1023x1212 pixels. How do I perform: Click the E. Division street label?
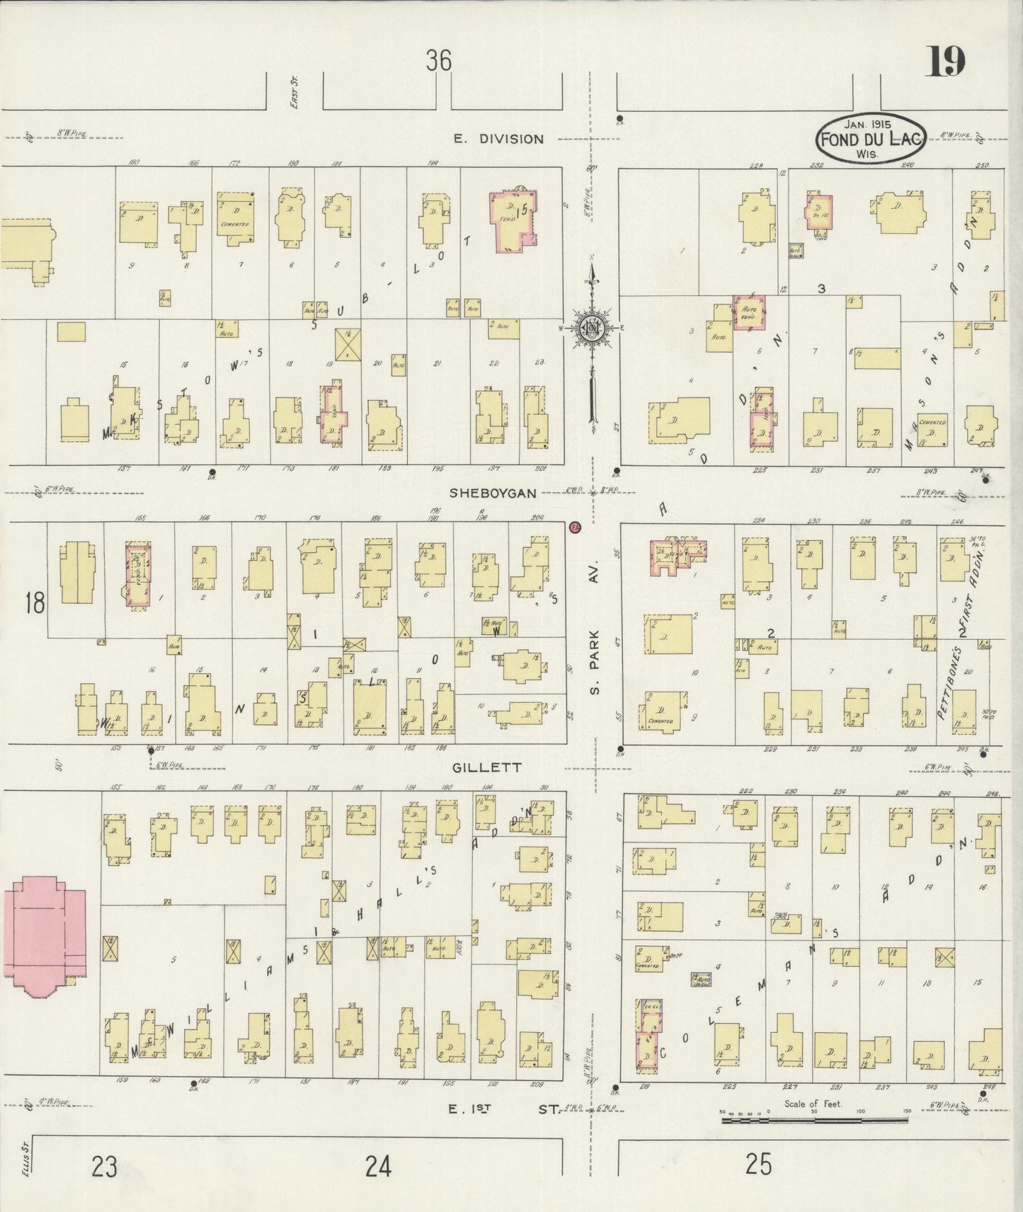pyautogui.click(x=498, y=139)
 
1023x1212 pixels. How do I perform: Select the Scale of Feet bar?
pyautogui.click(x=814, y=1121)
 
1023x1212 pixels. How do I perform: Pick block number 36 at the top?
pyautogui.click(x=438, y=62)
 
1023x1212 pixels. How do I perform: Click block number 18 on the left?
pyautogui.click(x=34, y=603)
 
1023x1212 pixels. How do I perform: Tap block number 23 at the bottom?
pyautogui.click(x=104, y=1165)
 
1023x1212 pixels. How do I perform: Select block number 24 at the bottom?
pyautogui.click(x=378, y=1165)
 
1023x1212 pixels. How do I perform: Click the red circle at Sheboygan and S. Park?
pyautogui.click(x=575, y=527)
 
